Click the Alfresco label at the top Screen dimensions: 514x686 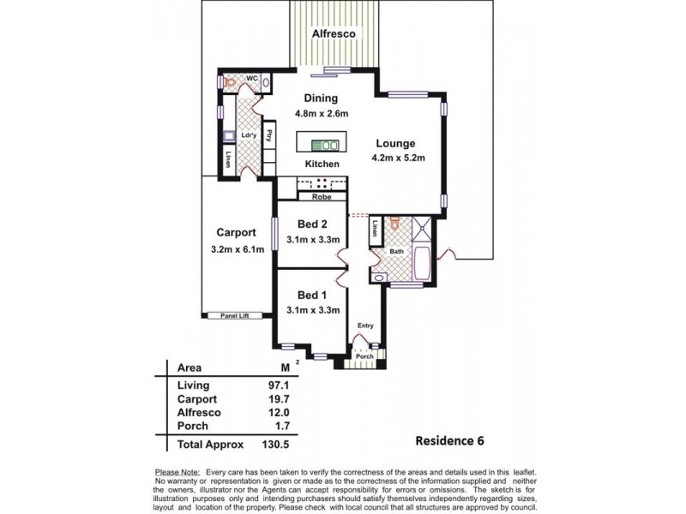pyautogui.click(x=334, y=34)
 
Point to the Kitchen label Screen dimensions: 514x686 pyautogui.click(x=322, y=164)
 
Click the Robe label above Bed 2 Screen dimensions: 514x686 pyautogui.click(x=322, y=197)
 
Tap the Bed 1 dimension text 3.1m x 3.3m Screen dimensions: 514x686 pyautogui.click(x=313, y=310)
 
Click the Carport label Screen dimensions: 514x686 pyautogui.click(x=236, y=232)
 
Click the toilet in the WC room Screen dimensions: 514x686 pyautogui.click(x=230, y=82)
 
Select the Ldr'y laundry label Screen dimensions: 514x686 pyautogui.click(x=250, y=135)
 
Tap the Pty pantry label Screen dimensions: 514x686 pyautogui.click(x=270, y=134)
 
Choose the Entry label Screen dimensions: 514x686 pyautogui.click(x=365, y=326)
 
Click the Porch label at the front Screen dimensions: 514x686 pyautogui.click(x=364, y=357)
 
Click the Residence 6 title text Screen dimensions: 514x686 pyautogui.click(x=449, y=442)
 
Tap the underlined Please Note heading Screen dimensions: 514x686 pyautogui.click(x=177, y=472)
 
